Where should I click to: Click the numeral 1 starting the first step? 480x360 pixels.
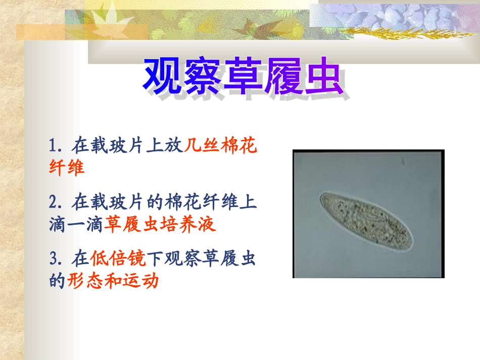point(53,146)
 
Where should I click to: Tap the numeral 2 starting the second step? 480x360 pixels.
point(53,202)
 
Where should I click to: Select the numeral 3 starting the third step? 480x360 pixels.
point(53,259)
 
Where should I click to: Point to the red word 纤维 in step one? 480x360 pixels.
point(67,168)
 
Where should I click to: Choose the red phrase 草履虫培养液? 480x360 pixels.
point(160,224)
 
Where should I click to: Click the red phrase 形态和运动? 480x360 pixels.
point(113,281)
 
